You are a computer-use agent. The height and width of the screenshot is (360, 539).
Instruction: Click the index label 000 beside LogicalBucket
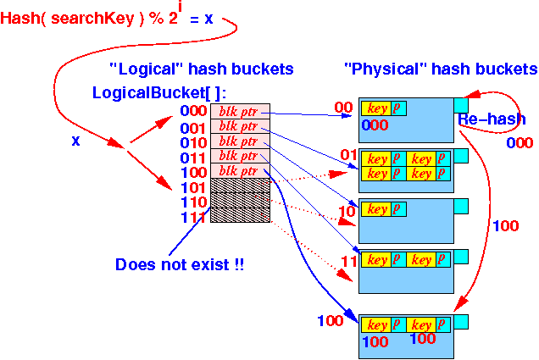[x=193, y=111]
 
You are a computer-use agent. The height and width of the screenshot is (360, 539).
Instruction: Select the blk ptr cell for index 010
[x=240, y=141]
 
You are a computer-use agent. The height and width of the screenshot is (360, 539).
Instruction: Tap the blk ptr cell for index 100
[x=240, y=171]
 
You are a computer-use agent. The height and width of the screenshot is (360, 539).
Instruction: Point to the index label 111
[x=193, y=217]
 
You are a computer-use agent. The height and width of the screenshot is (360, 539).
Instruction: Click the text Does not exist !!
[x=180, y=264]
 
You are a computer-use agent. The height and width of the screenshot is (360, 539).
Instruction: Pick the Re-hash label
[x=492, y=119]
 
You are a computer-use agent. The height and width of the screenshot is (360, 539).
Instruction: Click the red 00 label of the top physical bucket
[x=343, y=108]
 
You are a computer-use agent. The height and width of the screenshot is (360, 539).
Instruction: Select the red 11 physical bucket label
[x=349, y=262]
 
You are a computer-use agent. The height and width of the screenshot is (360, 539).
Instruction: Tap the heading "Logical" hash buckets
[x=202, y=69]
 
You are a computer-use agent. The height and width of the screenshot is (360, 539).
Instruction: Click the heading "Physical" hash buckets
[x=441, y=69]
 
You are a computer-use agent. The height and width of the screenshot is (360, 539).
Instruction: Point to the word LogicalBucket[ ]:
[x=159, y=92]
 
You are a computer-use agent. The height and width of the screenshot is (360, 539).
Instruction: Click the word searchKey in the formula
[x=92, y=18]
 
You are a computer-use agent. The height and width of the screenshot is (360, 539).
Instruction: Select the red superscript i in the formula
[x=180, y=7]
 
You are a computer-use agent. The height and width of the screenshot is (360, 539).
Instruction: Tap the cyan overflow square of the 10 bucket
[x=461, y=206]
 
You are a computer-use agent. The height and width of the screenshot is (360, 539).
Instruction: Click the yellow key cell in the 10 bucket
[x=376, y=209]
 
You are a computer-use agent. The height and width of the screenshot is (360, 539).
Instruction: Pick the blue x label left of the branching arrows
[x=75, y=141]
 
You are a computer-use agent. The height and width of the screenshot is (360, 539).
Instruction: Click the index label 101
[x=193, y=187]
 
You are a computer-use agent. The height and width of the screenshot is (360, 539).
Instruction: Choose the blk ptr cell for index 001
[x=240, y=126]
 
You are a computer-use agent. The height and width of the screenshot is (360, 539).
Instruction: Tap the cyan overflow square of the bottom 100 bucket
[x=461, y=322]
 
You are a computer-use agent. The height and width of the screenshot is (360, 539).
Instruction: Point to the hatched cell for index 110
[x=240, y=201]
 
